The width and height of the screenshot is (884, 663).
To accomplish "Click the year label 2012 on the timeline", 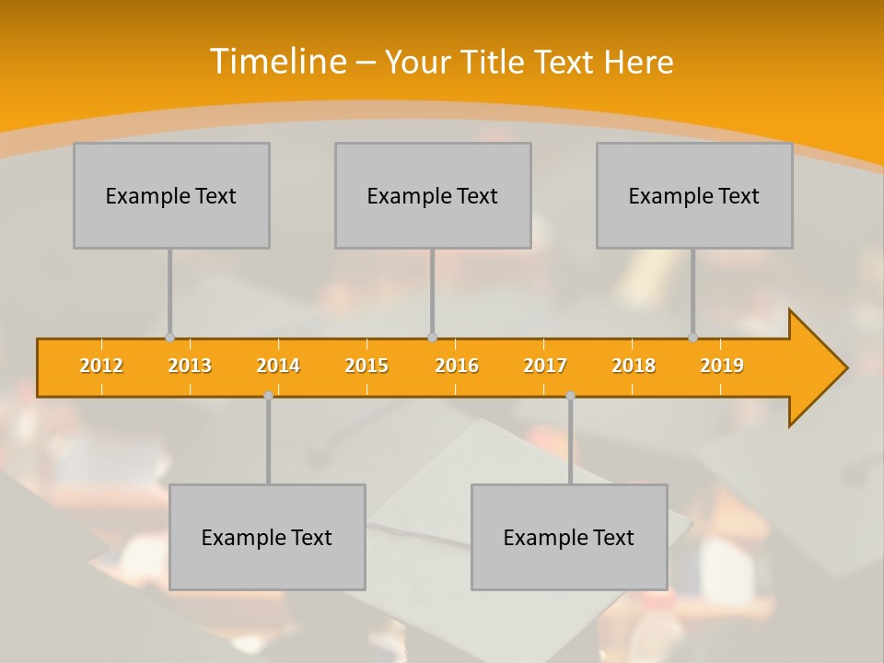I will (101, 366).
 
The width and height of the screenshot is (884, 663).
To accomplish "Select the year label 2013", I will (190, 366).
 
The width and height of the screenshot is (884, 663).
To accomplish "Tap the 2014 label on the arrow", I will (278, 366).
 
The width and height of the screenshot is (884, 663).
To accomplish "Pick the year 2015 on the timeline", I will (366, 366).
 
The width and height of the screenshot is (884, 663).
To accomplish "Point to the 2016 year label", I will (457, 366).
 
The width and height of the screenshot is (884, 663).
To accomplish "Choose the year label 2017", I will (545, 366).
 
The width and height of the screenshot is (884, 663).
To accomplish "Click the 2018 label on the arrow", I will (634, 366).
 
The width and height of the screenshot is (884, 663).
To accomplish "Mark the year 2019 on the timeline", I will (722, 366).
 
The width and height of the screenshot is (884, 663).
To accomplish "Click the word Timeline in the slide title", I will (277, 62).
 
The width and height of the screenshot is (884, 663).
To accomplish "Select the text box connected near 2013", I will (171, 195).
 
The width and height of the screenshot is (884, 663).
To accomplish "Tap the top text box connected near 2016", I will (433, 195).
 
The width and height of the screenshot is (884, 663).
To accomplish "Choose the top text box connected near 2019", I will (694, 195).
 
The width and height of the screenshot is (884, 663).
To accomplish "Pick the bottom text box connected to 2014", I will (267, 537).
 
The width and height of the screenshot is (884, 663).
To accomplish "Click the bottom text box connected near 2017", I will (569, 537).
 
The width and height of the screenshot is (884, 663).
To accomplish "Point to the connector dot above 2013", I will (169, 338).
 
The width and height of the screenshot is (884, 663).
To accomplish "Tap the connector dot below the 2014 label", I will (268, 395).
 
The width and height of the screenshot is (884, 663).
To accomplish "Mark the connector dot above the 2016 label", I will (432, 338).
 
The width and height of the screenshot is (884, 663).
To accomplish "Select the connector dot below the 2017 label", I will (570, 395).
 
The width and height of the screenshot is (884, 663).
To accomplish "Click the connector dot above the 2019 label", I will (692, 338).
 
